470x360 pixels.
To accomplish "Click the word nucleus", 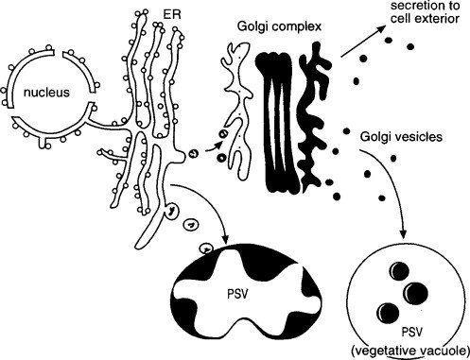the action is (46, 93).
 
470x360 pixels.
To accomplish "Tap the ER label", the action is (172, 14).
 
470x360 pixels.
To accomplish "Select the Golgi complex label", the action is (279, 26).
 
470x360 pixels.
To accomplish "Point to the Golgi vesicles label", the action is (401, 137).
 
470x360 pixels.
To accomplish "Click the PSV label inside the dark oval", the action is (237, 294).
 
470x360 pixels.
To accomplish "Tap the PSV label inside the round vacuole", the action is (411, 332).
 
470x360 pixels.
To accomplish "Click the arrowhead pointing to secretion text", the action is (381, 29).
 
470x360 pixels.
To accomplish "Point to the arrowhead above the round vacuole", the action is (403, 232).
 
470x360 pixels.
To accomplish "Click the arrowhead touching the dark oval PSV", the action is (225, 239).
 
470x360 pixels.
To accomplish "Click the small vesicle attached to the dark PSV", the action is (206, 249).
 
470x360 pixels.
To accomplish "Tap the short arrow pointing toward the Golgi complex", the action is (214, 147).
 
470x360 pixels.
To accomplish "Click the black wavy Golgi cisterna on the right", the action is (315, 116).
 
